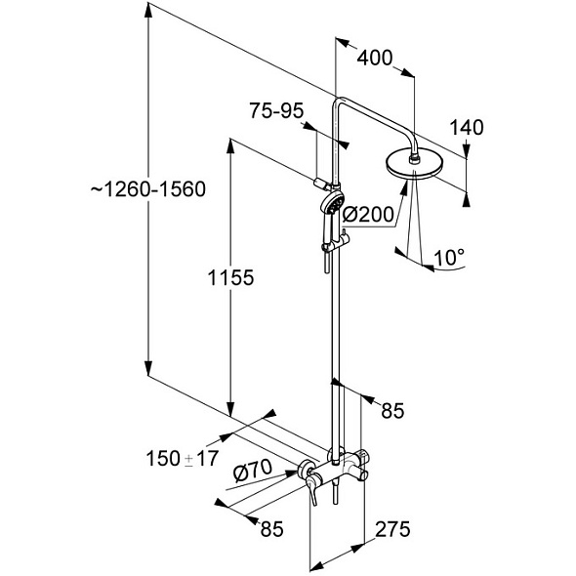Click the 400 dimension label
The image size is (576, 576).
pos(375,58)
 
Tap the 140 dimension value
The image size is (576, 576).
pos(467,128)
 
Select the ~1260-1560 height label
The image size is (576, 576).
pos(148,189)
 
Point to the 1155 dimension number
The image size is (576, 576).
pos(230,277)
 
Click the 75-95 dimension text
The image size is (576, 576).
pos(276,110)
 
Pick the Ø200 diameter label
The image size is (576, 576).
pos(368,215)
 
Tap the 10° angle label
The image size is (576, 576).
pos(449,257)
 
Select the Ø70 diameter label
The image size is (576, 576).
pos(253,471)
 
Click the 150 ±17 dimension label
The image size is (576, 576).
pos(183,459)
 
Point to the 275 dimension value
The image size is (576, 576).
pos(392,529)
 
